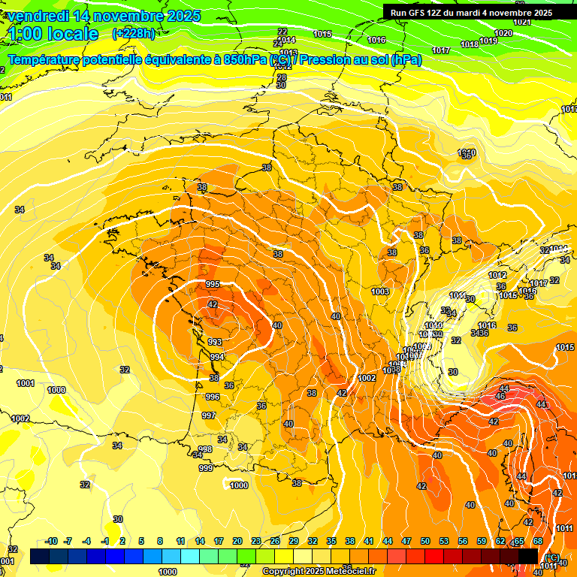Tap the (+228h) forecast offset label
134,33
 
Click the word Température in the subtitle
51,60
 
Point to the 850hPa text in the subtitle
241,60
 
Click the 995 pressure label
213,284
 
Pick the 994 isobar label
216,357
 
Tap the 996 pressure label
212,397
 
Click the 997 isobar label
209,415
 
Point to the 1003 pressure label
380,292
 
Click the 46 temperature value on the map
501,397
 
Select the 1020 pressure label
503,34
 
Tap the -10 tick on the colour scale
51,541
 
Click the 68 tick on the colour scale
538,541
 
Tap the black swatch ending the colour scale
528,556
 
